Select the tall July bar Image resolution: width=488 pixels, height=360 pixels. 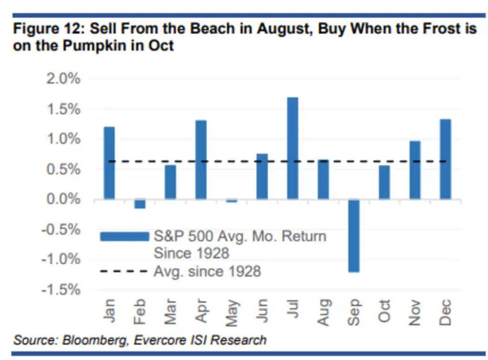(x=293, y=148)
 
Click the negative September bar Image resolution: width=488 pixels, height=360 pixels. (x=353, y=235)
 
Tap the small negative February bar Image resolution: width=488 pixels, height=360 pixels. (x=140, y=204)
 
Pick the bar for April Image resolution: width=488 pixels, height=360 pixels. (x=201, y=160)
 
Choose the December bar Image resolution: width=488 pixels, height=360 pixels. (x=445, y=159)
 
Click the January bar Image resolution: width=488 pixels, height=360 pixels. (x=109, y=163)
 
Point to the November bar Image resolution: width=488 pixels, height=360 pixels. (x=415, y=170)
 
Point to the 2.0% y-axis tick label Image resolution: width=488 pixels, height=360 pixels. (x=63, y=79)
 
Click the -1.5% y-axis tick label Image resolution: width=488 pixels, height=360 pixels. (x=61, y=290)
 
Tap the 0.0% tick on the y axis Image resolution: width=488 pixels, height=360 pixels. (x=63, y=199)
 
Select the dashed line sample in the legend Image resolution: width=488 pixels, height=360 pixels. (x=124, y=271)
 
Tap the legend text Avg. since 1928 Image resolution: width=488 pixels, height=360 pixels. (x=207, y=271)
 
